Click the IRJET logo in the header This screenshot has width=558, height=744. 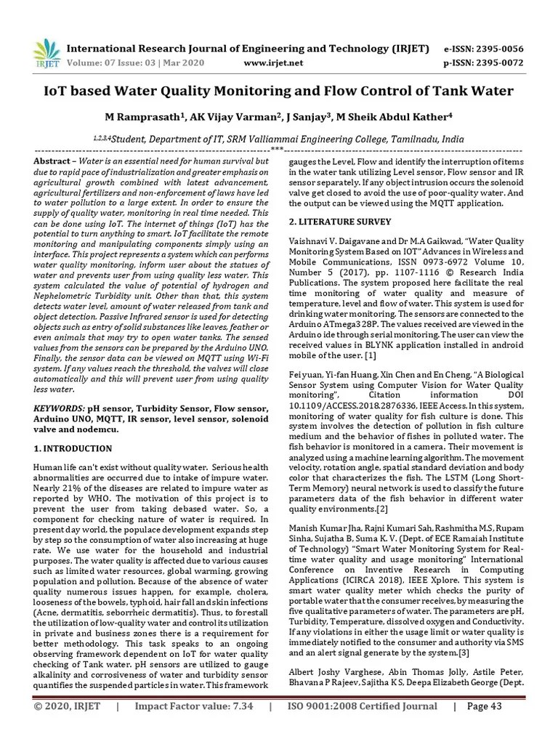(x=47, y=54)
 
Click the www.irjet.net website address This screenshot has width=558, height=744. (x=272, y=63)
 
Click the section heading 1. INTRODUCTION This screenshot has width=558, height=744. (x=73, y=448)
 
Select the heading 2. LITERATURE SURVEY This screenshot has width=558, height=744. (x=340, y=222)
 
